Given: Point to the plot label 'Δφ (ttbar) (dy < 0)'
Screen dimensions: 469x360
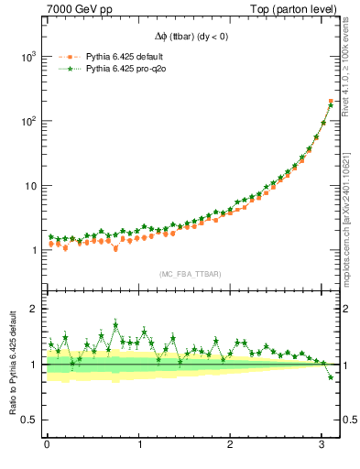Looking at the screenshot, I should [192, 38].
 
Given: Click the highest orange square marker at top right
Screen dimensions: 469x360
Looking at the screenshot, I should [331, 101].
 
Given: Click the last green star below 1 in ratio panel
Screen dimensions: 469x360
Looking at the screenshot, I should [331, 377].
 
